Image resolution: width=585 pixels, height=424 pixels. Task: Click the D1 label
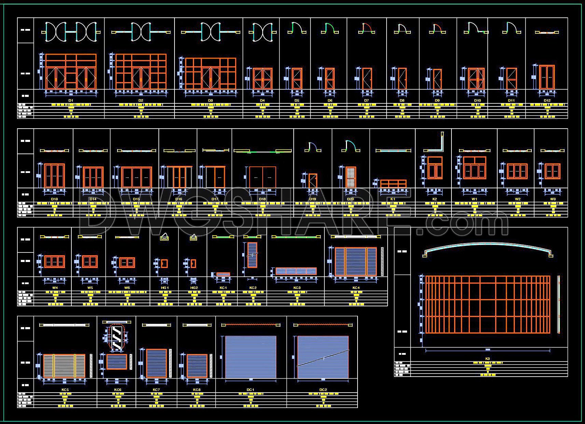71,100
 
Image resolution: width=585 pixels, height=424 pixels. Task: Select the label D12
547,100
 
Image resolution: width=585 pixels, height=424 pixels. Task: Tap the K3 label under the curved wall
487,359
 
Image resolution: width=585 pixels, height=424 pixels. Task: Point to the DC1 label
250,390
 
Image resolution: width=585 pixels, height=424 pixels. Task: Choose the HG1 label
165,288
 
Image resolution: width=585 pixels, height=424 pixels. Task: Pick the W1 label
474,199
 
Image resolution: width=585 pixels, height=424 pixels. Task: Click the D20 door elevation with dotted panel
351,177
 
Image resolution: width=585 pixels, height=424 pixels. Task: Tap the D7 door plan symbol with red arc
366,29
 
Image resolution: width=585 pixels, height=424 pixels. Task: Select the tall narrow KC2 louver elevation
252,255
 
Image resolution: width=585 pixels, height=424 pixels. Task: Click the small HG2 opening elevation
193,263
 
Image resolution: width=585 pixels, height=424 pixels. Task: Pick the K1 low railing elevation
393,184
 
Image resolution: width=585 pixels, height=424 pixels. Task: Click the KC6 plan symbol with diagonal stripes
117,337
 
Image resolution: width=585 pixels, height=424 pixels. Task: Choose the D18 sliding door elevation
262,177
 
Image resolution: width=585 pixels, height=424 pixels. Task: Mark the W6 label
127,288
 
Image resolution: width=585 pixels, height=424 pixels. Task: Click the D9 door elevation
437,79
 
